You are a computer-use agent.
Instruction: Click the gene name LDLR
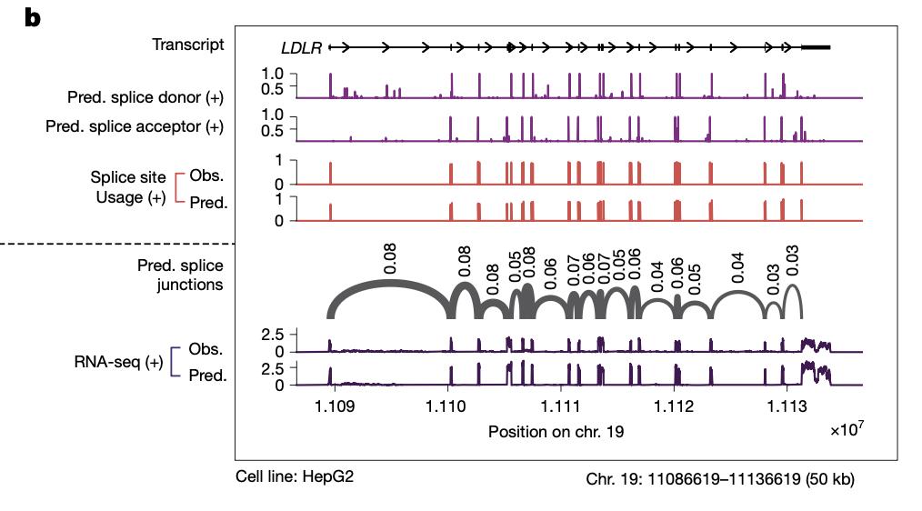pos(302,48)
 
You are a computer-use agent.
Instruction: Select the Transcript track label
pos(188,45)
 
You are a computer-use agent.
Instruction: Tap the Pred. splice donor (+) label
pos(145,96)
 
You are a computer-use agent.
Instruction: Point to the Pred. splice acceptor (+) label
pos(135,126)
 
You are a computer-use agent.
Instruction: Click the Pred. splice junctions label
pos(180,276)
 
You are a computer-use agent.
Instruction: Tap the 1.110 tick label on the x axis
pos(446,406)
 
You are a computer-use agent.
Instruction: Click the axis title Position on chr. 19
pos(556,432)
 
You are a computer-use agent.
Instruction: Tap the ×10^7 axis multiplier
pos(845,428)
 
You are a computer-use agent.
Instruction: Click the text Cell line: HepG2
pos(295,476)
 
